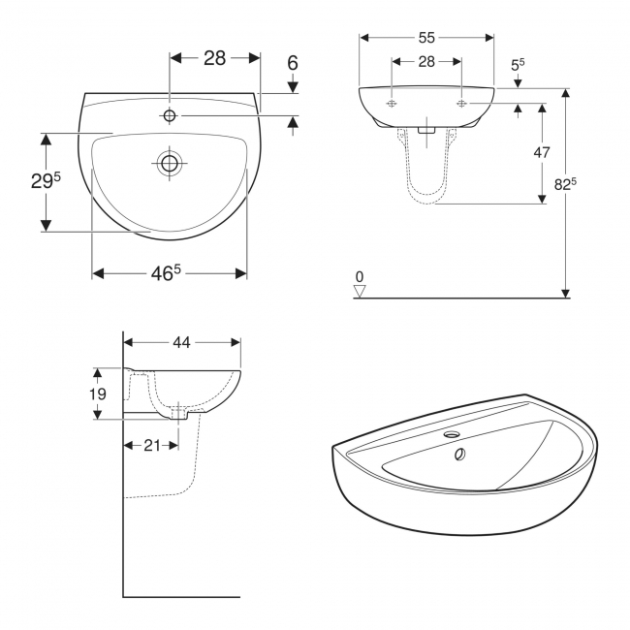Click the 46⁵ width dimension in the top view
click(x=166, y=273)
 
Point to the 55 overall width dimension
click(x=426, y=38)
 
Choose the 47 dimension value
click(x=542, y=152)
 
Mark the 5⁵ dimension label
click(x=518, y=65)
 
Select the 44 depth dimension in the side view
click(x=182, y=341)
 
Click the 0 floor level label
click(x=360, y=276)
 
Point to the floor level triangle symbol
click(x=360, y=291)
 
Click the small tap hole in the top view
click(x=170, y=116)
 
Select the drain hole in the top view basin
click(x=170, y=163)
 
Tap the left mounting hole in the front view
click(x=392, y=103)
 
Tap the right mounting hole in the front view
click(x=461, y=103)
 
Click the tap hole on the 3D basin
click(x=452, y=435)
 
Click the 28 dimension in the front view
click(x=426, y=61)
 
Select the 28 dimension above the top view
click(x=214, y=57)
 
